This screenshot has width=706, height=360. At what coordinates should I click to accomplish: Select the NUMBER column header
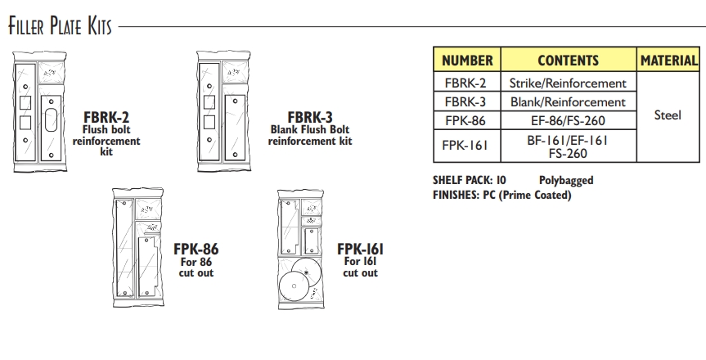click(467, 61)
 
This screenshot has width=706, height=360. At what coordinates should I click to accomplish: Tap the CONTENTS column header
click(568, 61)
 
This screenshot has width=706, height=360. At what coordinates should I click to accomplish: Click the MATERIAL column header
click(669, 61)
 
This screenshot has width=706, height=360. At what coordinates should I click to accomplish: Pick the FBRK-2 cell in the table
click(467, 83)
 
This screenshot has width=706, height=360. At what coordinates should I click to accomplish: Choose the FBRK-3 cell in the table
click(467, 102)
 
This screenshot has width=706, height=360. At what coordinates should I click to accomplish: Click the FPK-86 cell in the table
click(467, 121)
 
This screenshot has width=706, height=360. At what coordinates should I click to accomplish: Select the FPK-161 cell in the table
click(467, 146)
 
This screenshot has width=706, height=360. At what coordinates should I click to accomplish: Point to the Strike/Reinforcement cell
click(568, 83)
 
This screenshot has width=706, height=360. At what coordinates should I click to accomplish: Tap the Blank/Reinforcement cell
click(568, 102)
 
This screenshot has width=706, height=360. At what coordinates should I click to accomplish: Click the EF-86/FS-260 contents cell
click(568, 121)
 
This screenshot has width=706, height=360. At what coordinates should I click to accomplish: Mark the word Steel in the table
click(668, 115)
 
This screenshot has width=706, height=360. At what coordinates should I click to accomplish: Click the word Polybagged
click(565, 180)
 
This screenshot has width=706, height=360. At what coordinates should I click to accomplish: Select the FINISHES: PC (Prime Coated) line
click(501, 195)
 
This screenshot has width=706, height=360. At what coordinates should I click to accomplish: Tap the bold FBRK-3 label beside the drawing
click(310, 117)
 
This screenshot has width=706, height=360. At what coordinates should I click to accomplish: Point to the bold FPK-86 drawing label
click(196, 249)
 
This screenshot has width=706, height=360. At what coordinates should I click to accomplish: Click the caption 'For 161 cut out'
click(360, 267)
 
